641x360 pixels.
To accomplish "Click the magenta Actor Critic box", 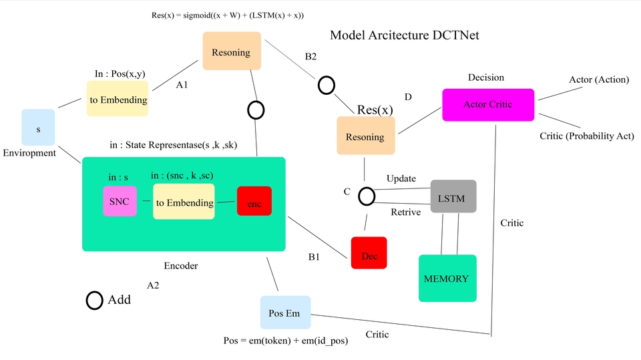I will click(488, 105).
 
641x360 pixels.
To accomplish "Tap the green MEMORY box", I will click(447, 279).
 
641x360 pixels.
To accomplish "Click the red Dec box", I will click(369, 252).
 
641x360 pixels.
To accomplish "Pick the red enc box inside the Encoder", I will click(254, 201).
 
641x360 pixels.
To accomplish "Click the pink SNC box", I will click(119, 201).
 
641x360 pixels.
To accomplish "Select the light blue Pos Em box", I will click(285, 313).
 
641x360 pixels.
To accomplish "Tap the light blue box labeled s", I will click(38, 127).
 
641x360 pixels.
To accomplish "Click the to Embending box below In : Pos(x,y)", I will click(118, 99).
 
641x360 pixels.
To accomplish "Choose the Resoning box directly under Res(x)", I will click(365, 137).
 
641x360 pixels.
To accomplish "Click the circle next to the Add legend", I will click(94, 300).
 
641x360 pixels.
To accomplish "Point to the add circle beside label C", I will click(366, 196).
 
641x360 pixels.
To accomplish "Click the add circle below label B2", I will click(326, 85).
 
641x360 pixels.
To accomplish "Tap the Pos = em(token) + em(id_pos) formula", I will click(285, 341).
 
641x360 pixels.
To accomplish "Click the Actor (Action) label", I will click(599, 79).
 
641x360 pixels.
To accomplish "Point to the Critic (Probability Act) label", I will click(586, 136).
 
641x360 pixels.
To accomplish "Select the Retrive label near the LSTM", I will click(405, 212).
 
